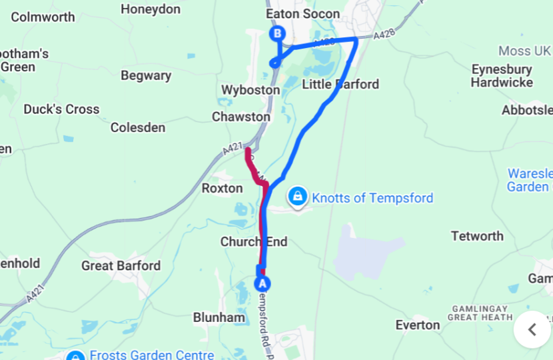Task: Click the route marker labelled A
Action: (x=263, y=283)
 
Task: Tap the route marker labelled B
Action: (x=276, y=33)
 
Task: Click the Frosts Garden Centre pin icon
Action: (x=76, y=356)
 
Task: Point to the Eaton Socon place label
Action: (x=302, y=14)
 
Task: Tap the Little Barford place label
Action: (x=340, y=84)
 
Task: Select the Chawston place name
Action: (x=241, y=117)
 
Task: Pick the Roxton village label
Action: (x=222, y=188)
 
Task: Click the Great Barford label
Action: (x=121, y=266)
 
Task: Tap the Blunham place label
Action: (x=219, y=317)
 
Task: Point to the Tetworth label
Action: (x=477, y=236)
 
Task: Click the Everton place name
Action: (x=417, y=325)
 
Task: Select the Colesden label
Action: (x=138, y=127)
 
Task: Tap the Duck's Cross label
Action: (x=61, y=109)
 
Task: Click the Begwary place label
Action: (x=146, y=75)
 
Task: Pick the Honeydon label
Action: (x=151, y=9)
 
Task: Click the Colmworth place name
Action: (x=43, y=17)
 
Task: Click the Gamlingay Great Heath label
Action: (x=482, y=313)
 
